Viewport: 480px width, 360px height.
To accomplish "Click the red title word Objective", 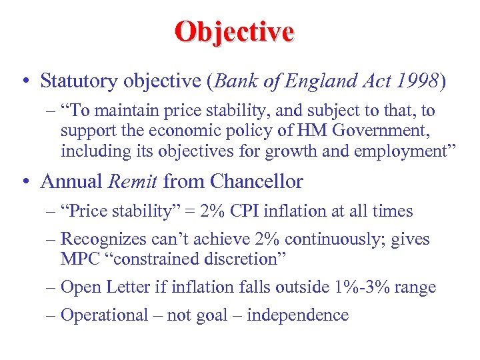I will pos(234,32).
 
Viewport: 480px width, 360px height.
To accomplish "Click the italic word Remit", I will pos(135,181).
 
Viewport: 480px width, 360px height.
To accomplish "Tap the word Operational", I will pos(104,315).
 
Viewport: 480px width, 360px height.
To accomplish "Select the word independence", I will pos(297,315).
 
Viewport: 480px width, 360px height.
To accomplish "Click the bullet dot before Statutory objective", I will pos(24,82).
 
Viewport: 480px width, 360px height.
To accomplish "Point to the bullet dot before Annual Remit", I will pos(24,182).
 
